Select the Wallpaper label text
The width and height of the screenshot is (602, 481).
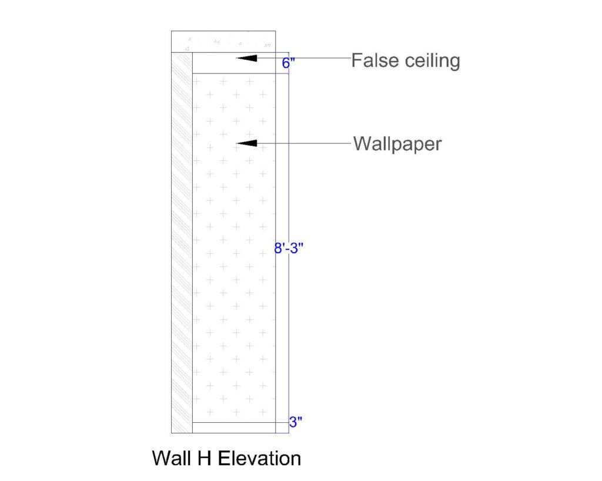(397, 144)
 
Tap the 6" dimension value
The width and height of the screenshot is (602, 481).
(287, 63)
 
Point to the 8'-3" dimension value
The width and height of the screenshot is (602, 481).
(288, 248)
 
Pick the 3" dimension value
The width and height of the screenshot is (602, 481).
(295, 422)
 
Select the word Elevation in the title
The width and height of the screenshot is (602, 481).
(259, 458)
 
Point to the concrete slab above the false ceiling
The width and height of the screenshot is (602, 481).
(223, 41)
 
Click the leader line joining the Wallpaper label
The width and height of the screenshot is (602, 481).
(306, 143)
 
